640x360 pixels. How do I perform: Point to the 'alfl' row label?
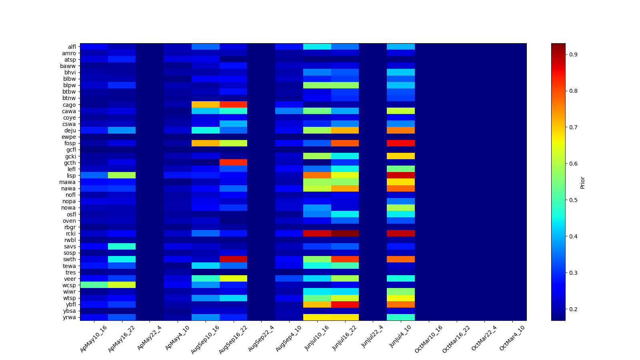click(72, 47)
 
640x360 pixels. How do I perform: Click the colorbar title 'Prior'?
click(582, 182)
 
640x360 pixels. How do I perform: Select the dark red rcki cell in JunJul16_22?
click(345, 233)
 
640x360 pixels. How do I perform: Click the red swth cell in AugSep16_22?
click(233, 259)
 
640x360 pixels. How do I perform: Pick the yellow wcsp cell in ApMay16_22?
click(122, 285)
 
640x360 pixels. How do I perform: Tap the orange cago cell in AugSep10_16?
click(205, 105)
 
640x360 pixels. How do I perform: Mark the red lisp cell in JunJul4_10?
click(401, 175)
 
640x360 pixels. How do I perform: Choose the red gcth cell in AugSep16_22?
click(233, 162)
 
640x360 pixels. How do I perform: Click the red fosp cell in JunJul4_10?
click(401, 143)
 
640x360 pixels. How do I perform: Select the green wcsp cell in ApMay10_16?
click(94, 285)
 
